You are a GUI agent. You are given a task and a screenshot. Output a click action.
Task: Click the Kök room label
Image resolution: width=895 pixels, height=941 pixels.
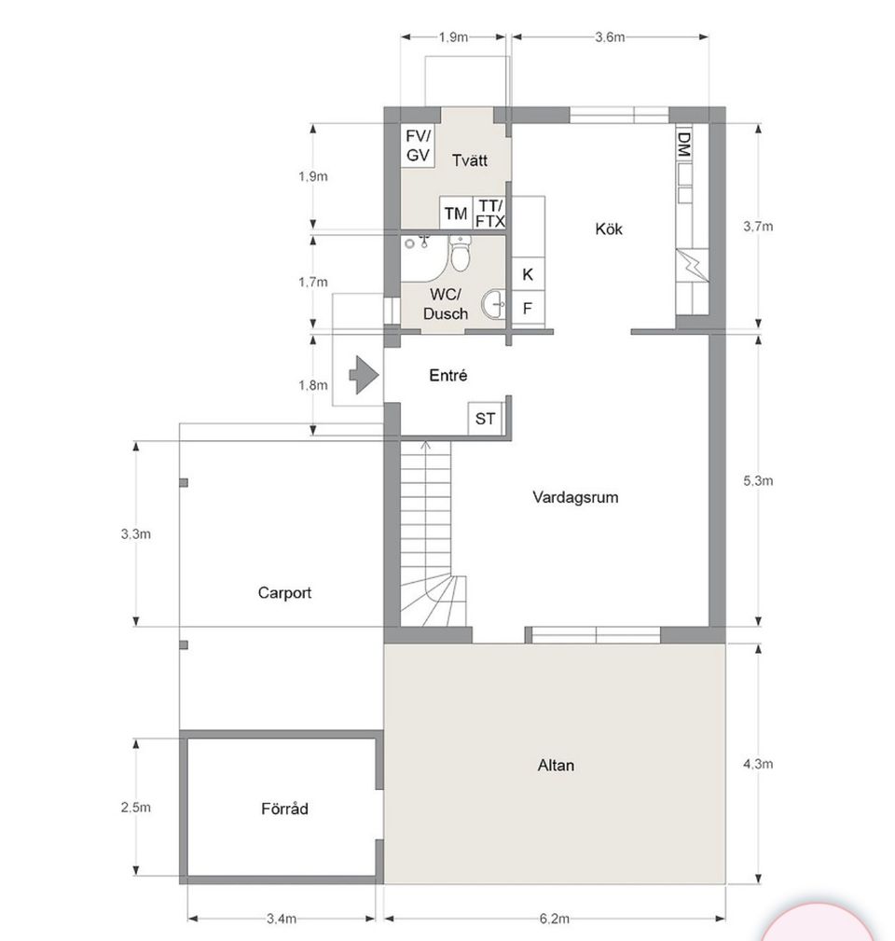click(x=609, y=228)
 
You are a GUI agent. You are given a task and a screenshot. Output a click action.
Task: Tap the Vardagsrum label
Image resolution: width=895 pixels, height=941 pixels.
click(x=575, y=497)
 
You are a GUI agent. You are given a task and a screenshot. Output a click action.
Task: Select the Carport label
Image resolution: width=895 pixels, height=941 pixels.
click(x=284, y=592)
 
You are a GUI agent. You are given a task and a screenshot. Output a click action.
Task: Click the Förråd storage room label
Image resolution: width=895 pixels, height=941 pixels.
click(x=284, y=809)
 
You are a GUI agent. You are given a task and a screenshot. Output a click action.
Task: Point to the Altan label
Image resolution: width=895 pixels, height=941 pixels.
click(x=556, y=766)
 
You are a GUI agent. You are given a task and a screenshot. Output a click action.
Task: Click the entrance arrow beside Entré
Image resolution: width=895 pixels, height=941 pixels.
click(x=363, y=375)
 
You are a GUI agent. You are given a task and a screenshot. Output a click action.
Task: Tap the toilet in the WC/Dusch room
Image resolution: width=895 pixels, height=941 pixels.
click(x=461, y=253)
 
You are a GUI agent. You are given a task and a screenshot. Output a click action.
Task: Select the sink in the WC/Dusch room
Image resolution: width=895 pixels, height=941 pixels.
click(x=493, y=303)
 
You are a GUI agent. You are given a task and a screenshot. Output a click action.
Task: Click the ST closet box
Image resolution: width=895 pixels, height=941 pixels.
click(x=485, y=419)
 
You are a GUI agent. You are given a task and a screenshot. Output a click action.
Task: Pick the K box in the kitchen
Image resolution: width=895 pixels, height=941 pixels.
click(x=528, y=275)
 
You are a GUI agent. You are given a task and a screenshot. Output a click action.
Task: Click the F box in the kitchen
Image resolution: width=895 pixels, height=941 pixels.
click(x=528, y=307)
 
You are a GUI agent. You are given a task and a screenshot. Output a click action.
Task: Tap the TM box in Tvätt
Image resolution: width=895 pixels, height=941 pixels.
click(x=455, y=214)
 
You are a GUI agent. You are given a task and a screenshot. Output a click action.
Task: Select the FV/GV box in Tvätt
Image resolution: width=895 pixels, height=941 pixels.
click(x=418, y=147)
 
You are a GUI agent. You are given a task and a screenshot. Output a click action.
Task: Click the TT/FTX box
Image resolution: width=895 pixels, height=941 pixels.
click(x=489, y=214)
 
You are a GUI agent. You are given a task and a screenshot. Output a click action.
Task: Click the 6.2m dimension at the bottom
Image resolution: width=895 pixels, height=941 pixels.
click(x=554, y=919)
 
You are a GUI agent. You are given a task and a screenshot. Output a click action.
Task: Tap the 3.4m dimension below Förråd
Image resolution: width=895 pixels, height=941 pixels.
click(x=281, y=919)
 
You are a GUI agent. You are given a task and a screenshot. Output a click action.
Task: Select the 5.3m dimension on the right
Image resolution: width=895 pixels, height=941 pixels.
click(x=758, y=481)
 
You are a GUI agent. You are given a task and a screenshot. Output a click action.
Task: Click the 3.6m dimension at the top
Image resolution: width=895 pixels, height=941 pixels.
click(x=610, y=37)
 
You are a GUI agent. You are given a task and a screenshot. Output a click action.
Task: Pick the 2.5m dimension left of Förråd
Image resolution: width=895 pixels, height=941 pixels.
click(x=135, y=809)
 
